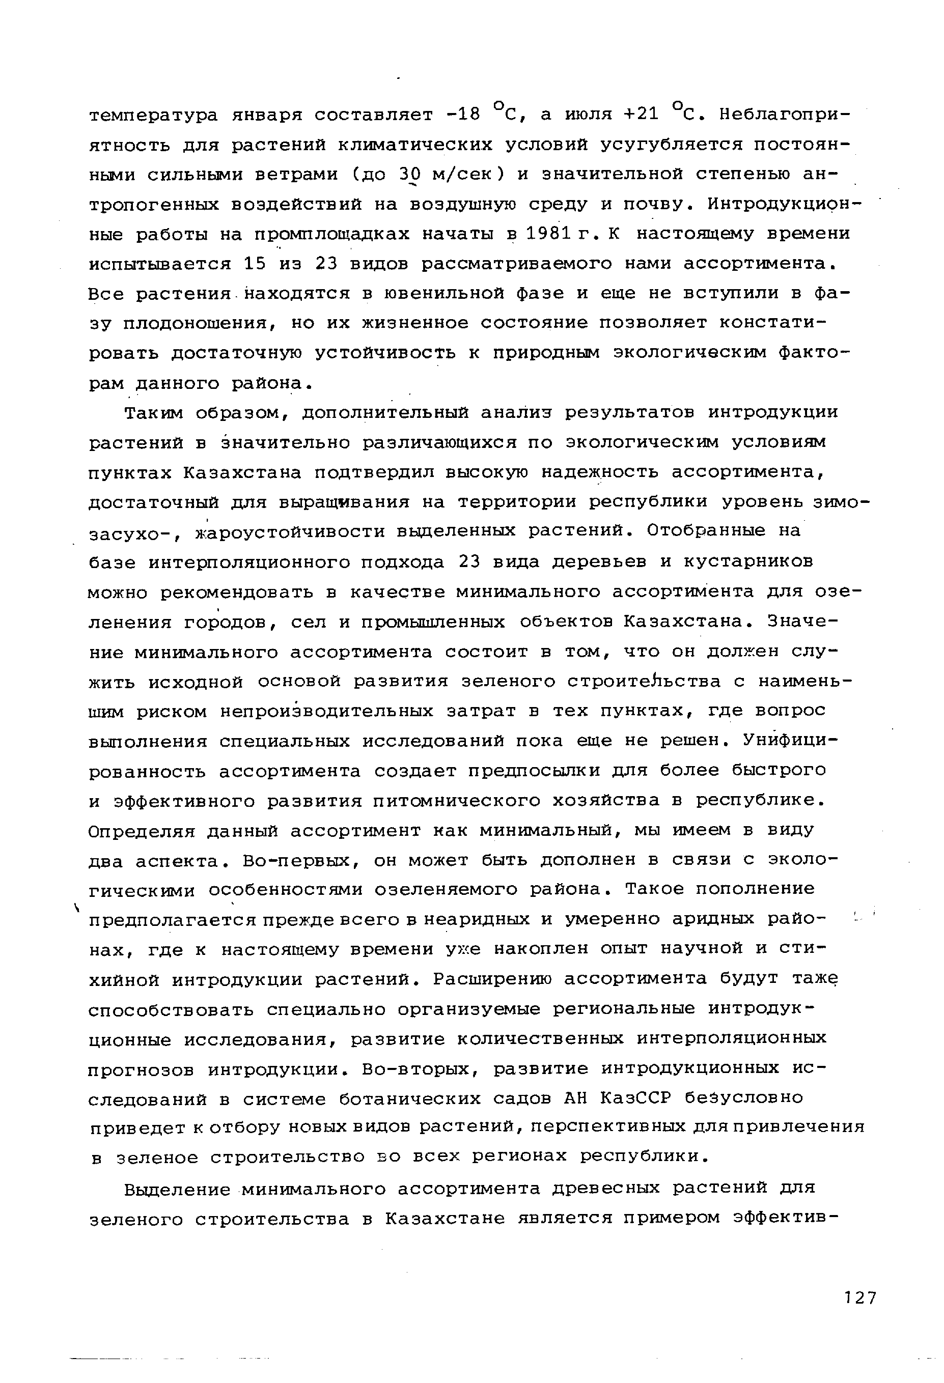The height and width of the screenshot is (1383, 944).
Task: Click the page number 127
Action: (x=860, y=1298)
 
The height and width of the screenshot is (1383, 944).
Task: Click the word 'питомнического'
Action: (x=457, y=801)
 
